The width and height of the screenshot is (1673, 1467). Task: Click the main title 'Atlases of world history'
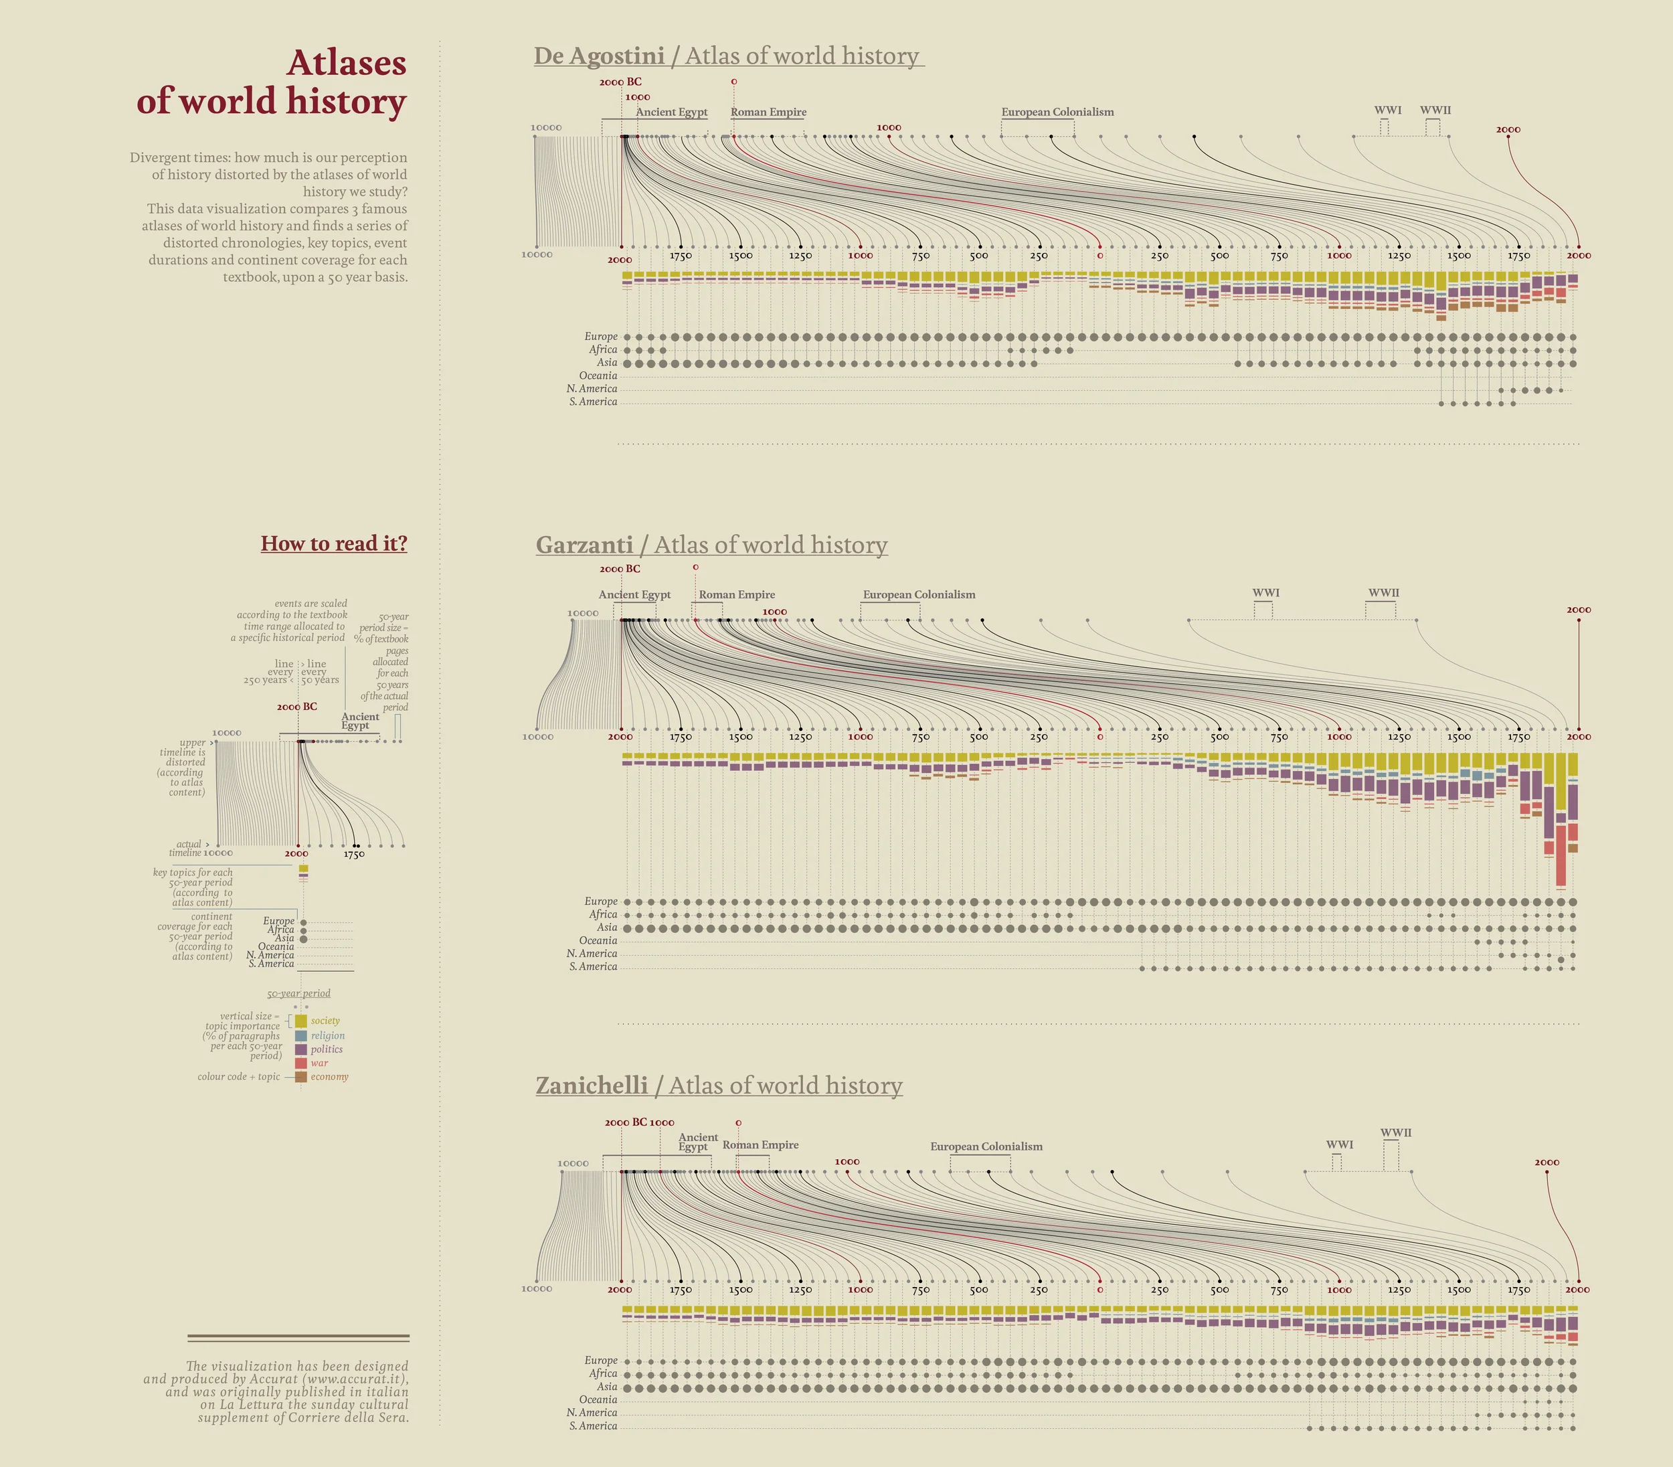click(x=272, y=82)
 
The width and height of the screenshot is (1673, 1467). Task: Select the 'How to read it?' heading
click(x=334, y=543)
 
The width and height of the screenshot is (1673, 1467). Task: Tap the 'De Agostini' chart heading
click(x=598, y=56)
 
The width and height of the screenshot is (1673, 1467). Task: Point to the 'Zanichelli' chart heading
click(x=591, y=1086)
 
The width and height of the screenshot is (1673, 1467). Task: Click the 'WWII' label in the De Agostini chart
click(x=1435, y=110)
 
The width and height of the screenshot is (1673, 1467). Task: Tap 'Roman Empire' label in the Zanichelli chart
click(x=760, y=1144)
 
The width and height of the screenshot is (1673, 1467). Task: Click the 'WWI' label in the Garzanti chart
click(x=1265, y=593)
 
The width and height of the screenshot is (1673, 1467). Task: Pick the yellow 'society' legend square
click(x=300, y=1021)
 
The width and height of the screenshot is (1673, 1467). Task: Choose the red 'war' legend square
click(x=300, y=1063)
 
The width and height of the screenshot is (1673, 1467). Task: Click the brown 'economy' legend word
click(x=329, y=1077)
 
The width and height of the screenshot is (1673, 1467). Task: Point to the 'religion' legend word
click(x=327, y=1035)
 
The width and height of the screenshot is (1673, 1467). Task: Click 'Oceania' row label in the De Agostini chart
click(x=598, y=375)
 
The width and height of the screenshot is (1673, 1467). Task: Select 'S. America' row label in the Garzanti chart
click(x=593, y=967)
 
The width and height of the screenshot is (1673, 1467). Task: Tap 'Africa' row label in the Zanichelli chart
click(x=602, y=1374)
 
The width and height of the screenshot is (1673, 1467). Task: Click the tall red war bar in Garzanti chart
click(x=1561, y=855)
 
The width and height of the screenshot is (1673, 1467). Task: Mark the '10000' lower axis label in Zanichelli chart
click(x=537, y=1288)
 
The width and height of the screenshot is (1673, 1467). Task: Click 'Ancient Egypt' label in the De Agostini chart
click(x=671, y=112)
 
